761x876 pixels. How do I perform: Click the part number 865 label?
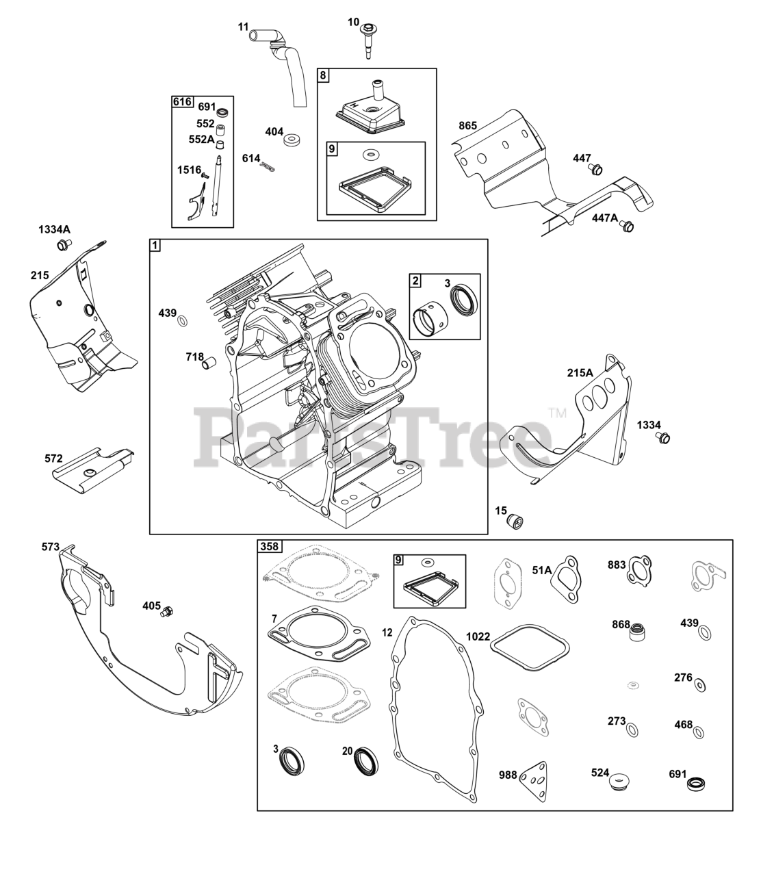click(468, 125)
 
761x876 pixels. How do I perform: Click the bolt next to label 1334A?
click(63, 244)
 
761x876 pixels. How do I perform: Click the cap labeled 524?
click(619, 779)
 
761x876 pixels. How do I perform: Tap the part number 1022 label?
click(478, 636)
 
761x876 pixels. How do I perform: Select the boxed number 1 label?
click(156, 245)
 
